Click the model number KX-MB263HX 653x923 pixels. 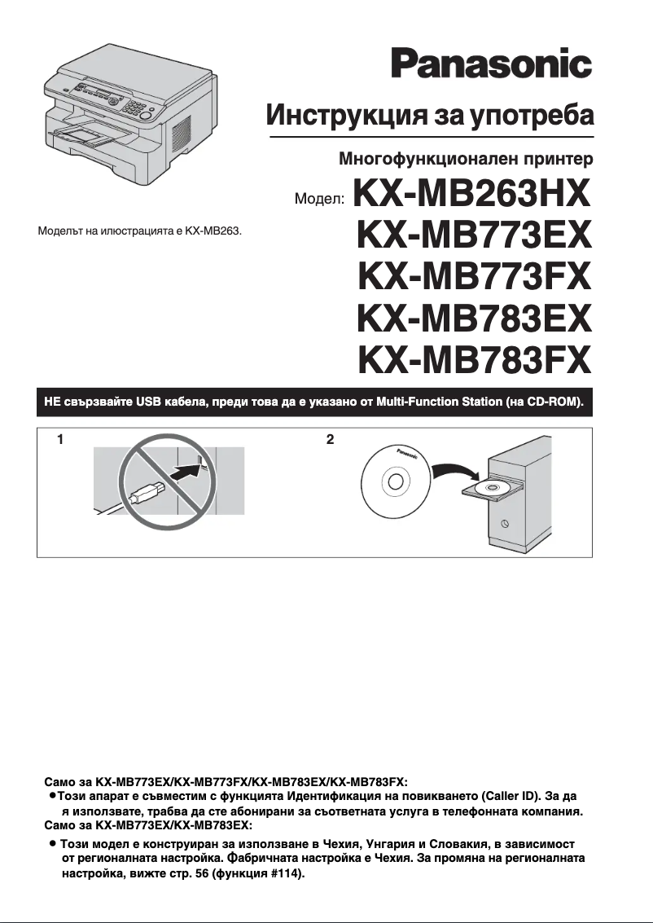[x=471, y=198]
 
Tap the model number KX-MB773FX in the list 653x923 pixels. [x=473, y=278]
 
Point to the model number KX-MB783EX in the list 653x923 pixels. [x=473, y=318]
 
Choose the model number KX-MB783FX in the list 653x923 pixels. [x=473, y=358]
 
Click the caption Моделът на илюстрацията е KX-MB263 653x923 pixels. [x=140, y=231]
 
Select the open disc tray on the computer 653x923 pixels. [x=491, y=489]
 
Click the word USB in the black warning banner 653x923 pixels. [x=149, y=402]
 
